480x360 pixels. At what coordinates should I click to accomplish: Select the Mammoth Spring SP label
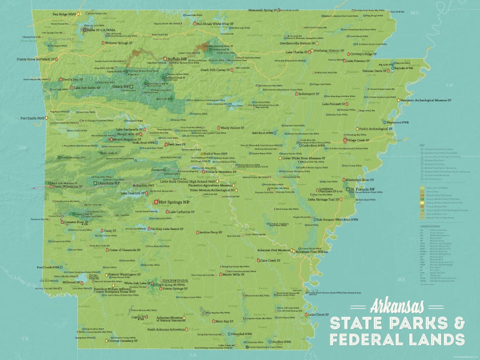pos(262,10)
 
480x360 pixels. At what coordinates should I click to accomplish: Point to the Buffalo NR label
pos(177,59)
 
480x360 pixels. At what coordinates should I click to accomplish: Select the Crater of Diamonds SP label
pos(124,250)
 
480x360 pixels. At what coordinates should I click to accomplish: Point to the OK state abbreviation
pos(23,147)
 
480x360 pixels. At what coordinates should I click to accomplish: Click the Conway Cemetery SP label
pos(123,341)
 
